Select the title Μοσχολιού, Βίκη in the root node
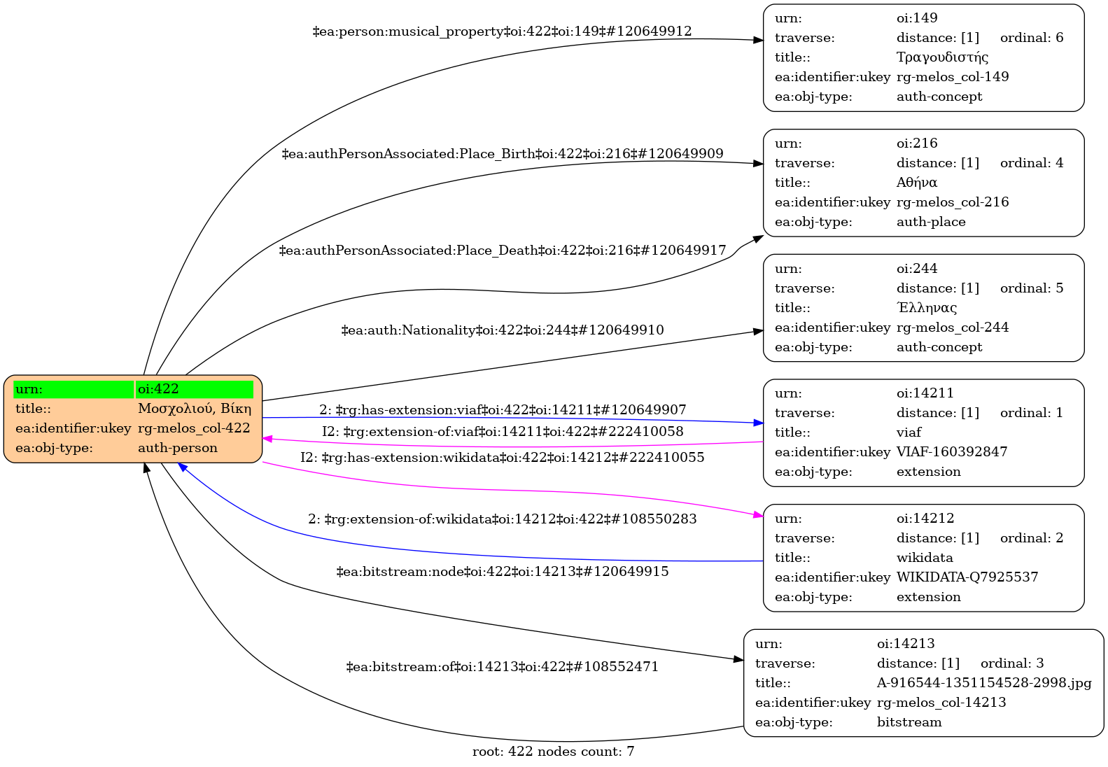(195, 409)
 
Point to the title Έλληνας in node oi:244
(927, 308)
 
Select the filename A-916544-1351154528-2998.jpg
(984, 683)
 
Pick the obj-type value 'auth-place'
(931, 222)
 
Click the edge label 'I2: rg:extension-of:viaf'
(503, 432)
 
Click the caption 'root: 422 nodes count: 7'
(554, 752)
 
